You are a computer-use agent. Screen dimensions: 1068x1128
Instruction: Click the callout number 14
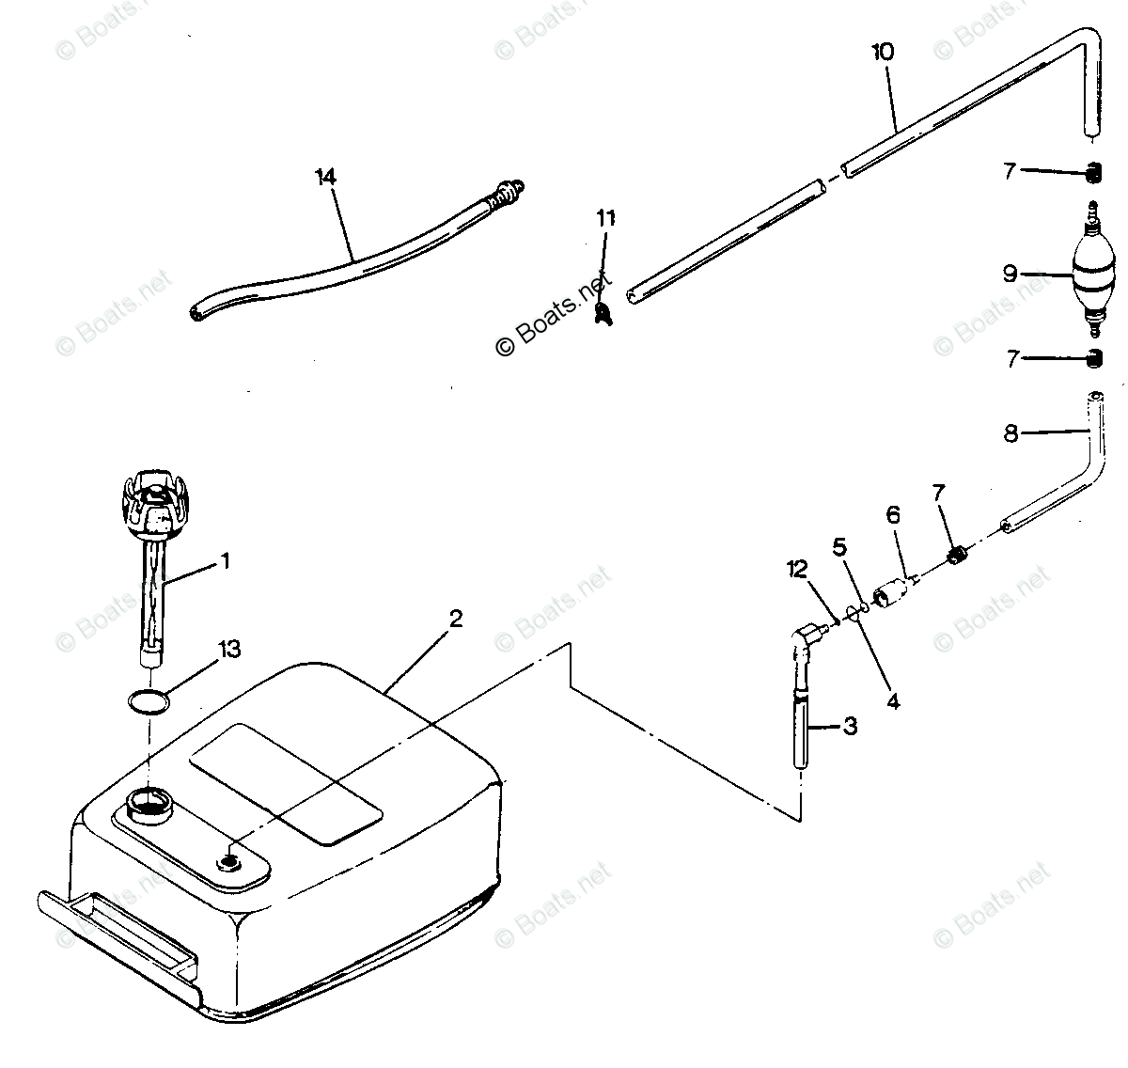point(325,177)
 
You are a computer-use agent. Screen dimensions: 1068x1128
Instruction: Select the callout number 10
point(883,52)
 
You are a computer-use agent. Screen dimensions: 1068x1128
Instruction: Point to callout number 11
point(605,218)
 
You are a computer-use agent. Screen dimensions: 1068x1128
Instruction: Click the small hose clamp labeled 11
point(603,312)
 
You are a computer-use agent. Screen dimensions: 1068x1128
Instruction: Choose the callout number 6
point(893,514)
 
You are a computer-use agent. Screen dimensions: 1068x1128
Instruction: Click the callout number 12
point(797,569)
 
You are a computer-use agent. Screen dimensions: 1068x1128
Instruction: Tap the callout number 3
point(850,726)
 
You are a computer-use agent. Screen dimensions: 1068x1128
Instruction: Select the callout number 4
point(893,700)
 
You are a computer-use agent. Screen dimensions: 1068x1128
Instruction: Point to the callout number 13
point(228,650)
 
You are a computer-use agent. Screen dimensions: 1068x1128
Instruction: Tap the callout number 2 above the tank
point(456,619)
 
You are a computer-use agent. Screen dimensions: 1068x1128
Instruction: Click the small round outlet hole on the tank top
point(229,859)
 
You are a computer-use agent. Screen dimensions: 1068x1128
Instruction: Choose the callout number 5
point(839,544)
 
